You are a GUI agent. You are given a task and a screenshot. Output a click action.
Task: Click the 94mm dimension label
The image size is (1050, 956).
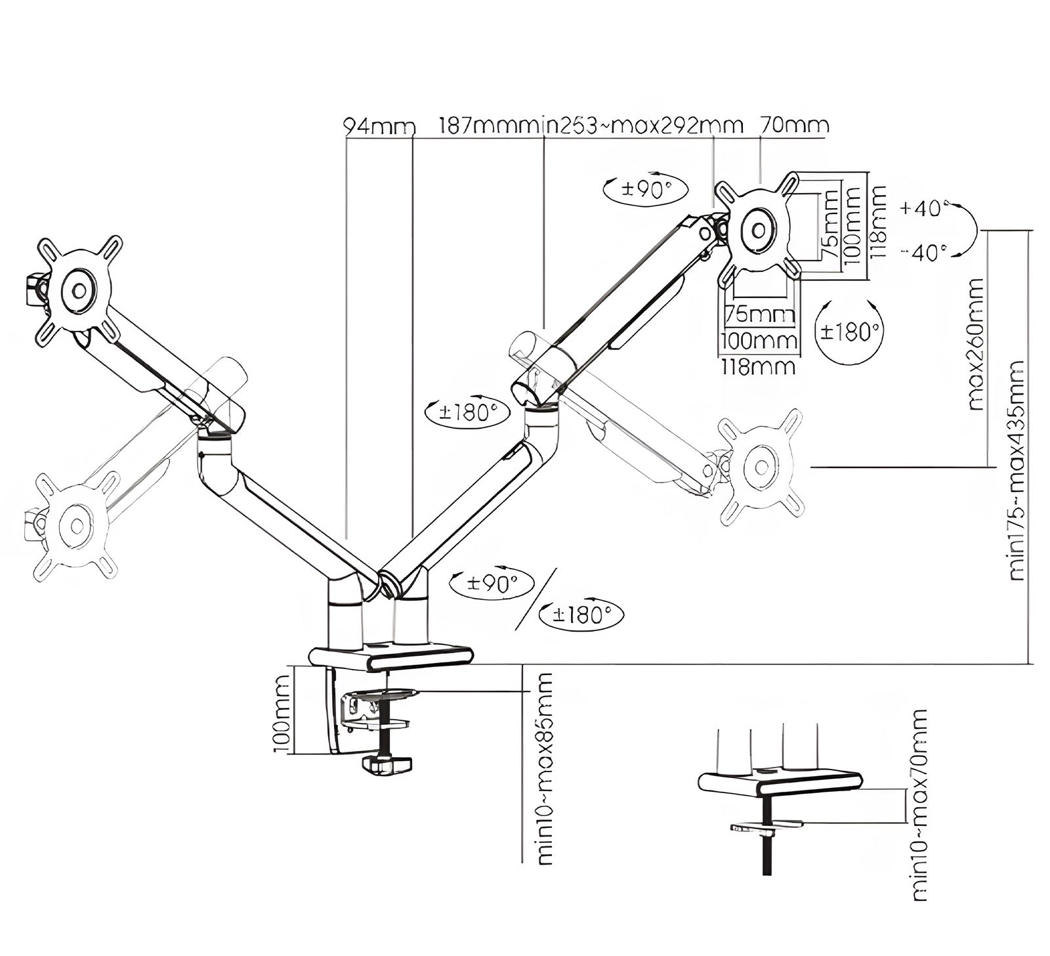(x=380, y=126)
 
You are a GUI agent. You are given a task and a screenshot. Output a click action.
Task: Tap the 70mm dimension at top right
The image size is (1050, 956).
(x=794, y=125)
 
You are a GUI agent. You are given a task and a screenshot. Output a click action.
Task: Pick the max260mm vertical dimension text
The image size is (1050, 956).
(x=976, y=344)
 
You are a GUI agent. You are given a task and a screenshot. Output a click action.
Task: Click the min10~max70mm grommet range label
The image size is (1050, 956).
(x=919, y=804)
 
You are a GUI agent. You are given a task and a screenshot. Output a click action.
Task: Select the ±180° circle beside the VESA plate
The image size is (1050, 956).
(x=849, y=332)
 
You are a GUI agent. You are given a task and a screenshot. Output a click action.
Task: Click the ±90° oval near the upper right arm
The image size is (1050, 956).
(x=645, y=190)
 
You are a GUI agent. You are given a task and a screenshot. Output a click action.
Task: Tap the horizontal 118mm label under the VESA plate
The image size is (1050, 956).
(x=758, y=366)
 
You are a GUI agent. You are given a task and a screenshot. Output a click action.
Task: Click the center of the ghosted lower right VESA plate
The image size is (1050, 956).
(x=762, y=467)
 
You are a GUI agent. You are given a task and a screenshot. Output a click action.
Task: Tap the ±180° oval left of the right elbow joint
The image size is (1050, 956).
(x=467, y=412)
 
